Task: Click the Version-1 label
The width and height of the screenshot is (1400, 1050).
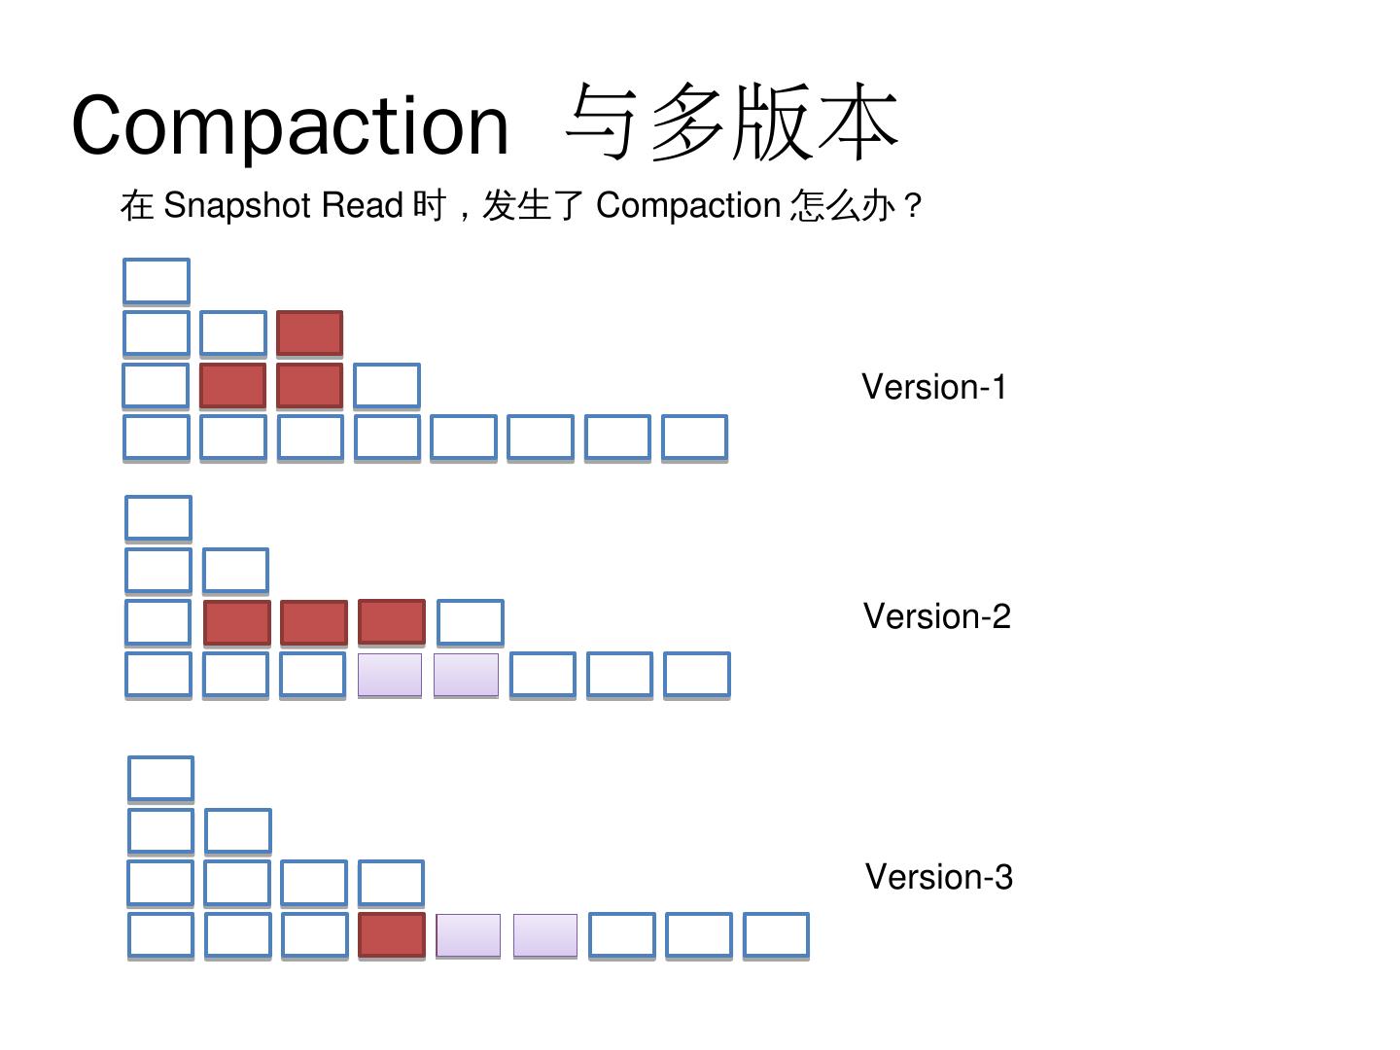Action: [933, 387]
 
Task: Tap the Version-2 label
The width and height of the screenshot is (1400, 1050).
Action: [936, 616]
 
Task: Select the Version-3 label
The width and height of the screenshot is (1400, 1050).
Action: [938, 877]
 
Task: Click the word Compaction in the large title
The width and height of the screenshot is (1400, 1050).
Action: [290, 125]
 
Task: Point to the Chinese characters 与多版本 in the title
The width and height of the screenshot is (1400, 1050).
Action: [731, 122]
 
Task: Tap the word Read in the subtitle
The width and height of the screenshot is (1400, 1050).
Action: [362, 206]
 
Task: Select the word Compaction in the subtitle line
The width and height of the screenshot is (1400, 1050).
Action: [687, 206]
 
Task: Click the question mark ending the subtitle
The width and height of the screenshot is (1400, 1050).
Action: [912, 206]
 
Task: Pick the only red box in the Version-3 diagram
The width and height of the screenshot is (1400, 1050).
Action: [392, 935]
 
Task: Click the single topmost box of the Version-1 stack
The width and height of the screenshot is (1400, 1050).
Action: [157, 281]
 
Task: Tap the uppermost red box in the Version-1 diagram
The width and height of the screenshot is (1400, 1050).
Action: [310, 333]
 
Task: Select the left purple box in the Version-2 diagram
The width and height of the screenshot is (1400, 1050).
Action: [390, 675]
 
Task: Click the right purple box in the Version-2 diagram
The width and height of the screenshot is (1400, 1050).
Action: [466, 675]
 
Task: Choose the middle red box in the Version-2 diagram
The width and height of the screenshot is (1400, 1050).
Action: [314, 623]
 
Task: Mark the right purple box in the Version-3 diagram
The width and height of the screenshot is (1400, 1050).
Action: [545, 935]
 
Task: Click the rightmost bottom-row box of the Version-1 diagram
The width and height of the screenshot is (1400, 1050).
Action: [694, 437]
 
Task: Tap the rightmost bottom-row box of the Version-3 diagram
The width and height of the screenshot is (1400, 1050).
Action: [776, 935]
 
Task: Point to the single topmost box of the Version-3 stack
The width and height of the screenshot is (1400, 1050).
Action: [160, 778]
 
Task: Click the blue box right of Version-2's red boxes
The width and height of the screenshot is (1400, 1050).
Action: [470, 622]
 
